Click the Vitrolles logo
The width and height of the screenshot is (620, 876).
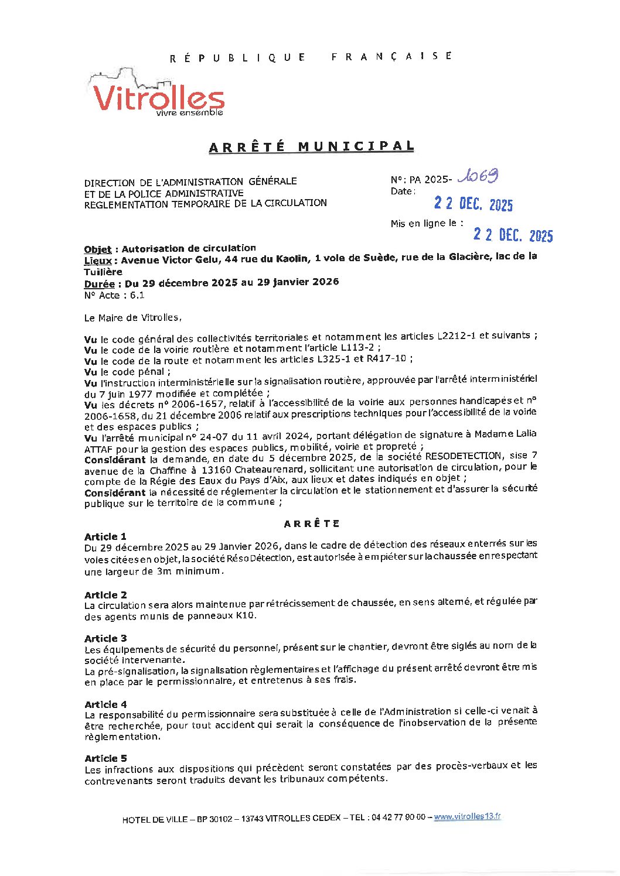[x=157, y=95]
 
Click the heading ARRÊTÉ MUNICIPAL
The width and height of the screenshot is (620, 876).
[x=311, y=146]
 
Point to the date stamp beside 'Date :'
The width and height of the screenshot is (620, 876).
[x=473, y=203]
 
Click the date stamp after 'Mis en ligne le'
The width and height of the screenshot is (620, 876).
[x=513, y=235]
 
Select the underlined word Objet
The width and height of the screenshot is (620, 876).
[x=97, y=249]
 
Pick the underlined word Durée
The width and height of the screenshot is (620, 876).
[x=99, y=284]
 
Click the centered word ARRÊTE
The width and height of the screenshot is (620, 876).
[x=312, y=523]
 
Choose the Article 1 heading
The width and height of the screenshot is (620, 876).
[x=105, y=536]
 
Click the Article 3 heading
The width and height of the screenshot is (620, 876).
[x=105, y=638]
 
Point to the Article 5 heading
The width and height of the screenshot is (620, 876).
[x=105, y=758]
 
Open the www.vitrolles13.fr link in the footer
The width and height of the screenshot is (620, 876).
[x=467, y=817]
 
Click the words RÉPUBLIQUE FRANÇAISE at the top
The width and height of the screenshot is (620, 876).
[x=311, y=57]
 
